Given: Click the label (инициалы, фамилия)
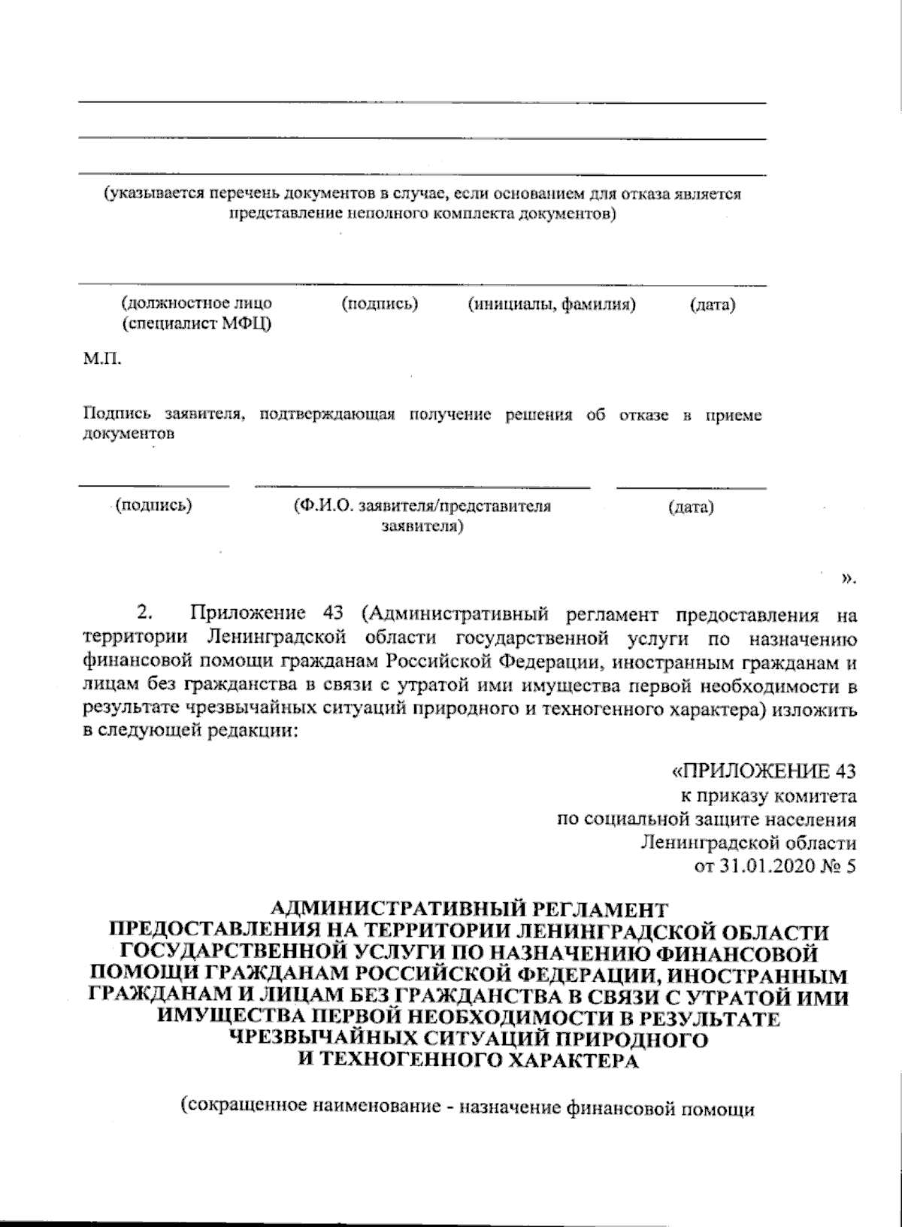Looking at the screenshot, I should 552,304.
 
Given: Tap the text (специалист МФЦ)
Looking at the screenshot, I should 196,324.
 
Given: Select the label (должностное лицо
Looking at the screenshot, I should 196,304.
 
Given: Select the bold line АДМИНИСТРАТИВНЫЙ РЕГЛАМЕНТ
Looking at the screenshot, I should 468,908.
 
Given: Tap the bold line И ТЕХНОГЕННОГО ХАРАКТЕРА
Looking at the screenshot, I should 468,1061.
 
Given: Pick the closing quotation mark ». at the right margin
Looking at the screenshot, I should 848,578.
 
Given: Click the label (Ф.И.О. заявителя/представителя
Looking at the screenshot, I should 422,506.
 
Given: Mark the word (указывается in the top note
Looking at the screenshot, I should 156,194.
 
